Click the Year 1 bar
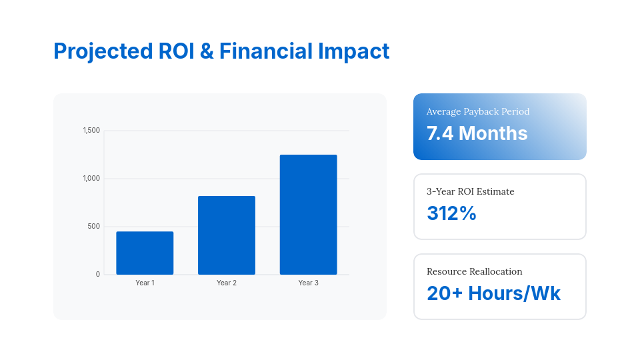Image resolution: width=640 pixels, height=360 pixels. pos(145,253)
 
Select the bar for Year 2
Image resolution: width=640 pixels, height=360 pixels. pos(227,235)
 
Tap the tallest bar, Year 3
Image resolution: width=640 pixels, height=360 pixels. pos(308,215)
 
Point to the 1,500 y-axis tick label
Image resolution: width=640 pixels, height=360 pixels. pos(91,131)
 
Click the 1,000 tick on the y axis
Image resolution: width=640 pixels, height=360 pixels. pos(91,179)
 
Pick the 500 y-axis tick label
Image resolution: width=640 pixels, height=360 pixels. pos(93,227)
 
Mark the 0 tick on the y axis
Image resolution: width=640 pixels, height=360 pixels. pos(97,275)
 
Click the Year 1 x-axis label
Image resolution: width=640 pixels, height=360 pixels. pos(145,283)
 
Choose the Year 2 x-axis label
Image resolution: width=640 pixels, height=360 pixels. pos(227,283)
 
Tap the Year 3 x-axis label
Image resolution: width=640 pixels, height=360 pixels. pos(308,283)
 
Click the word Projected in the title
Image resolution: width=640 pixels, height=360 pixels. pos(102,51)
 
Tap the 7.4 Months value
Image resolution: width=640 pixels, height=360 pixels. pos(477,133)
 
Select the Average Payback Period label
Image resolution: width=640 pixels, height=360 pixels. pos(478,111)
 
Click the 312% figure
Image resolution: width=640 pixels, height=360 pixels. pos(451,213)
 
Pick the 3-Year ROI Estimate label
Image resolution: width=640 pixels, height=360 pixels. pos(471,191)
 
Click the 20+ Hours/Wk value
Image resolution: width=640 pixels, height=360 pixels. pos(493,293)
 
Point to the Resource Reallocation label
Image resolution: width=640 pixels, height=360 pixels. pos(475,271)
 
